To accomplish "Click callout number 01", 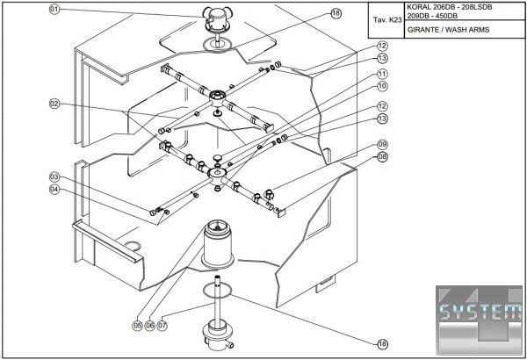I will click(54, 10).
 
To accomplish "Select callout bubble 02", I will click(54, 104).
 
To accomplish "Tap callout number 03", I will click(54, 176).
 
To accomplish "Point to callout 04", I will click(54, 189).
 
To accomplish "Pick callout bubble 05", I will click(138, 325).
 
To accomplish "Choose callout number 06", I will click(150, 325).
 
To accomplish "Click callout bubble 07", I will click(162, 325).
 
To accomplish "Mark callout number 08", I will click(382, 156).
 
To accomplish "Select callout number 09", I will click(382, 144).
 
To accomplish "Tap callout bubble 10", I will click(382, 87).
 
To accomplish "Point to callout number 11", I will click(382, 75).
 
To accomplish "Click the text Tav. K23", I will click(386, 18).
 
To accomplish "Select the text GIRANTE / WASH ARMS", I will click(448, 29).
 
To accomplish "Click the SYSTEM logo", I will click(479, 313).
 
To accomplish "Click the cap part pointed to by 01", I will click(214, 18).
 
